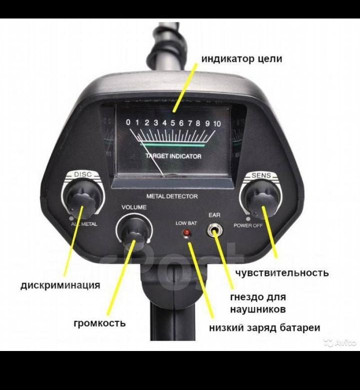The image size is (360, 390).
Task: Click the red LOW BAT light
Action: coord(186,233)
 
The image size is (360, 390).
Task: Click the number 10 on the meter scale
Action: coord(216,123)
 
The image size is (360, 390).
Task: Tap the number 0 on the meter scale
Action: coord(128,122)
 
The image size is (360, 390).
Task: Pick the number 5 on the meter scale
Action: coord(172,123)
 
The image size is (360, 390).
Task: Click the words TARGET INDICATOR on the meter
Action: coord(173,156)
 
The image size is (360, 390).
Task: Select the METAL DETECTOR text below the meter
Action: coord(172,196)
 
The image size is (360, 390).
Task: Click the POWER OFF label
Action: coord(248,225)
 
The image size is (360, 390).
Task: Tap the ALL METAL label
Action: coord(84,224)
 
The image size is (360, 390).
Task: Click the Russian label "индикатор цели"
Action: coord(241,59)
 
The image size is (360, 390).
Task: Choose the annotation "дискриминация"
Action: coord(60,285)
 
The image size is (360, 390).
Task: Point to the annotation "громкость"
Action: coord(100,323)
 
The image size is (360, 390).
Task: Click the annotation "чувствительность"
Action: coord(282,273)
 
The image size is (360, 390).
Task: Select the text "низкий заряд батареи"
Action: coord(264,328)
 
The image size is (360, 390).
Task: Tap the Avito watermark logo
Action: coord(340,342)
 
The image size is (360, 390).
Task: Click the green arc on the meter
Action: coord(172,144)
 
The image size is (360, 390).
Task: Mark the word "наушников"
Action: coord(257,309)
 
